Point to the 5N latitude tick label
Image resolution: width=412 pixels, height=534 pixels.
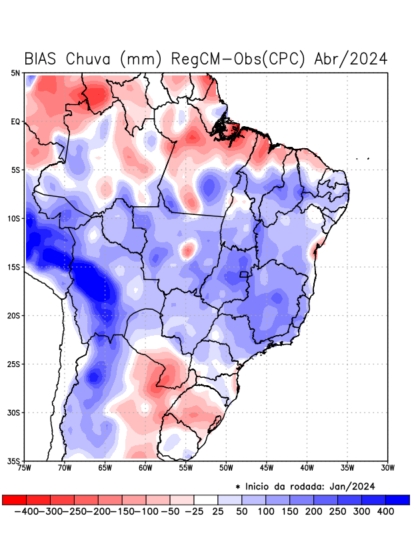[15, 73]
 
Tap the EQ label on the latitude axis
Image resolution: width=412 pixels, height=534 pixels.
[15, 121]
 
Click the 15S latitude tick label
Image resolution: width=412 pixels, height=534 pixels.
[14, 267]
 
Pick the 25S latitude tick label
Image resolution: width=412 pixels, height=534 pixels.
[14, 364]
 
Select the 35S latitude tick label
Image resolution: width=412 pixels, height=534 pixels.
[14, 461]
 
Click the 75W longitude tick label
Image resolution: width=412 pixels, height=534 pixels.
[25, 467]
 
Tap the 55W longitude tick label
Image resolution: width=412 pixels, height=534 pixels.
[186, 467]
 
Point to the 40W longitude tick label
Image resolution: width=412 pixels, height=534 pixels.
[307, 467]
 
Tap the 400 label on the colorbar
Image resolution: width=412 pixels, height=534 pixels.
[385, 511]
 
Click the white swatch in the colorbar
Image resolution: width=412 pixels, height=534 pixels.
[205, 500]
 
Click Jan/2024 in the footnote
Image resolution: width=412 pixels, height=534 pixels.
[353, 486]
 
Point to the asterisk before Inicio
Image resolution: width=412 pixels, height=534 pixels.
[238, 487]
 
